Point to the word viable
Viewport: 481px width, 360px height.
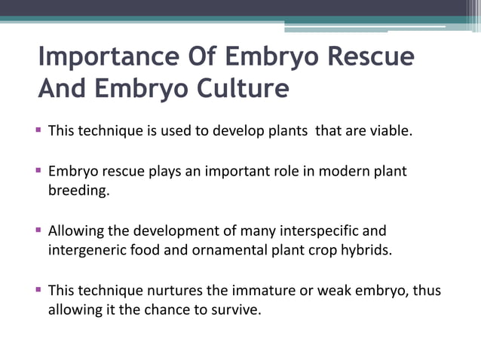coord(387,132)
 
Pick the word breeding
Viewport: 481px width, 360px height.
coord(78,191)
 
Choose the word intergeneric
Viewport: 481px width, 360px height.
coord(87,250)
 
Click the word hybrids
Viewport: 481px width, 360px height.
coord(368,250)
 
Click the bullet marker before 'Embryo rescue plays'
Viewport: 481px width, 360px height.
coord(38,171)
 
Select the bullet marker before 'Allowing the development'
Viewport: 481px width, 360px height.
coord(38,230)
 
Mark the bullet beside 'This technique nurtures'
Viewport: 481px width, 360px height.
coord(38,289)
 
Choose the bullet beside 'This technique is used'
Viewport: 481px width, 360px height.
coord(38,131)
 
